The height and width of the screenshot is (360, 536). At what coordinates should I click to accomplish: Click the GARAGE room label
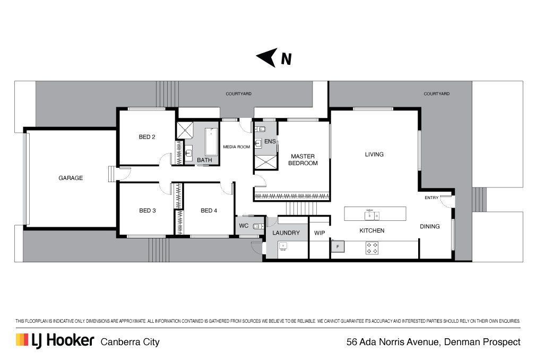[x=71, y=178]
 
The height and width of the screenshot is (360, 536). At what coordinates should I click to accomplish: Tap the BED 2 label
[x=147, y=137]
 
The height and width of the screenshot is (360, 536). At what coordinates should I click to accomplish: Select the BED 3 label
[x=148, y=210]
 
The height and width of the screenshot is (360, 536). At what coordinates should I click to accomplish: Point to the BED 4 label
[x=209, y=210]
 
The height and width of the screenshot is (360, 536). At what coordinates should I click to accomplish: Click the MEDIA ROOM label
[x=237, y=147]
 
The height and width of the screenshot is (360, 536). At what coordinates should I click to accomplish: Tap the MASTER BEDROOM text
[x=303, y=160]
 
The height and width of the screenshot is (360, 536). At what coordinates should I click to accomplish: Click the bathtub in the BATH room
[x=211, y=142]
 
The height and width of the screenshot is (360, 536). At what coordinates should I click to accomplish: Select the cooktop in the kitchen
[x=372, y=248]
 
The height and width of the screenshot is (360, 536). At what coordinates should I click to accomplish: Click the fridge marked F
[x=338, y=246]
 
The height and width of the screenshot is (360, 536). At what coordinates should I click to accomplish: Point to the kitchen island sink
[x=371, y=216]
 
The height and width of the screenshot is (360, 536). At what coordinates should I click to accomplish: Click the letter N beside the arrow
[x=286, y=59]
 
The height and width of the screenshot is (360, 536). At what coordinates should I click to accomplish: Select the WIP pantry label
[x=319, y=233]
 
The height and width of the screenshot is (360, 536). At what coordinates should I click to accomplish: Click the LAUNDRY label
[x=286, y=233]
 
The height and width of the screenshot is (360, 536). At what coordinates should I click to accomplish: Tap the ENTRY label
[x=431, y=198]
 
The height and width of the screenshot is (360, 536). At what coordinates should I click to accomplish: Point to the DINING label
[x=430, y=226]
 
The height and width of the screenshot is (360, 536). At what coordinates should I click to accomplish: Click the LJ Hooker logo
[x=55, y=340]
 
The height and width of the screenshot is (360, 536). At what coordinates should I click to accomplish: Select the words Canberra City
[x=130, y=342]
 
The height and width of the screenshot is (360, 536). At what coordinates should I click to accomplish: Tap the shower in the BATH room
[x=185, y=130]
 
